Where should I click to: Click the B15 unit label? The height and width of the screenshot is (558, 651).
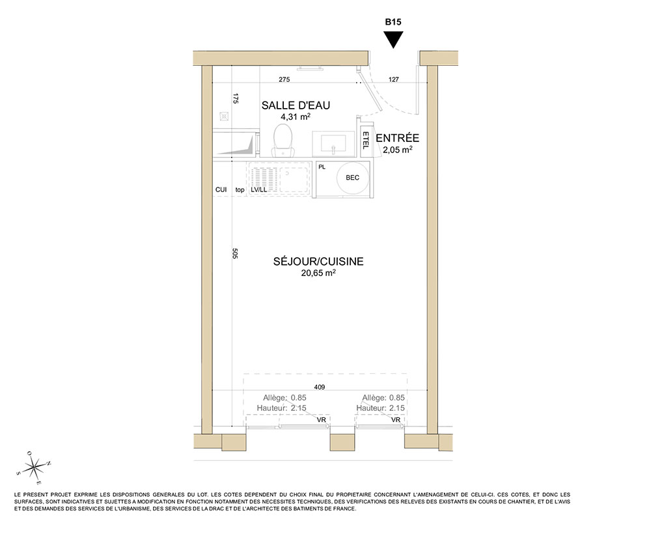pyautogui.click(x=393, y=22)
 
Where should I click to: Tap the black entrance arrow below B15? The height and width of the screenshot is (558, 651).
pyautogui.click(x=393, y=40)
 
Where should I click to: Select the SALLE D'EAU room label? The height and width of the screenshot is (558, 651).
pyautogui.click(x=296, y=105)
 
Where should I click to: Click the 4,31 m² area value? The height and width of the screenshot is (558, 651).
pyautogui.click(x=296, y=117)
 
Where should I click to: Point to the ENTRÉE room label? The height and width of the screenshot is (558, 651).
pyautogui.click(x=397, y=138)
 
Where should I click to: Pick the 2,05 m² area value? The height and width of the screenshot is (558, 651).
pyautogui.click(x=397, y=150)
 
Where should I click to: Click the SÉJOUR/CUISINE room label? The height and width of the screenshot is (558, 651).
pyautogui.click(x=318, y=261)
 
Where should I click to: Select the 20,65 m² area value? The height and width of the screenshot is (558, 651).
pyautogui.click(x=318, y=273)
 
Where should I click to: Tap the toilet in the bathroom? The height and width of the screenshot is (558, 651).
pyautogui.click(x=283, y=140)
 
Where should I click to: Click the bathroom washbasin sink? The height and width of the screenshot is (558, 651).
pyautogui.click(x=333, y=144)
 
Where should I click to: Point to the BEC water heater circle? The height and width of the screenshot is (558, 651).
pyautogui.click(x=352, y=178)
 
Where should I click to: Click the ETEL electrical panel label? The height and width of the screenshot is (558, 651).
pyautogui.click(x=365, y=141)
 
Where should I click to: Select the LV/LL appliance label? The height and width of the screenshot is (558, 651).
pyautogui.click(x=258, y=189)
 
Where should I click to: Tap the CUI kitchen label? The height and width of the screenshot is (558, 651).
pyautogui.click(x=221, y=189)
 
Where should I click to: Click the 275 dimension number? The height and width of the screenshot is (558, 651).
pyautogui.click(x=284, y=79)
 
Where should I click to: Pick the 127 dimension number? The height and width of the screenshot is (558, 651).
pyautogui.click(x=394, y=79)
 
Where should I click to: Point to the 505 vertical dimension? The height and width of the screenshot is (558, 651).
pyautogui.click(x=235, y=253)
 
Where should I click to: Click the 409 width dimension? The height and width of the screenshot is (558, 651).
pyautogui.click(x=319, y=387)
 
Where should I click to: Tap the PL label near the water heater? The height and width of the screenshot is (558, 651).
pyautogui.click(x=322, y=167)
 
